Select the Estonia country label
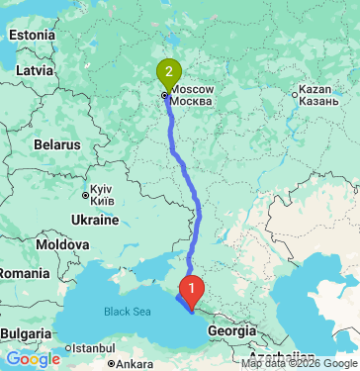pos(32,36)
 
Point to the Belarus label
pos(55,143)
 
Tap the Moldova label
pos(61,243)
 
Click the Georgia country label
pos(232,331)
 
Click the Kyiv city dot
pos(86,195)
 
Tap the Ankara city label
pos(135,364)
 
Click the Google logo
pos(33,359)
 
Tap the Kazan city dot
pos(300,95)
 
